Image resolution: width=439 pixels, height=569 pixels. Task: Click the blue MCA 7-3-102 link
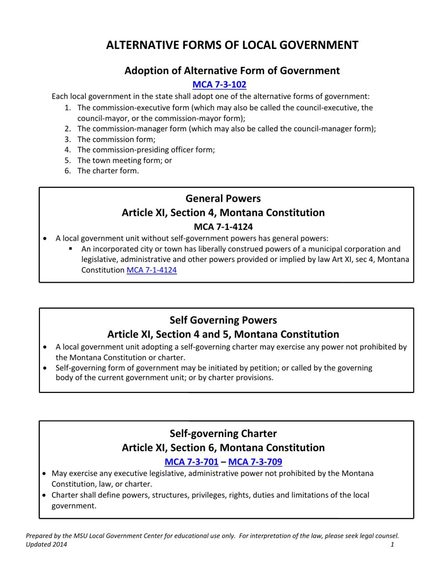pyautogui.click(x=219, y=84)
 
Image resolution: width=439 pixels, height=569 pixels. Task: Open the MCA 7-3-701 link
pyautogui.click(x=191, y=462)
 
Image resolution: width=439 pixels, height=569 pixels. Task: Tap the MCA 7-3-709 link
pyautogui.click(x=255, y=462)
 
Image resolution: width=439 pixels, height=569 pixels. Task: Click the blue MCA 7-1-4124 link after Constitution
pyautogui.click(x=152, y=270)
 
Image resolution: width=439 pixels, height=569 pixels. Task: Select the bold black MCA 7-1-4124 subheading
pyautogui.click(x=223, y=227)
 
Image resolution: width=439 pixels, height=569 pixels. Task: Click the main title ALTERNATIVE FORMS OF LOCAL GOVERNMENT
pyautogui.click(x=232, y=45)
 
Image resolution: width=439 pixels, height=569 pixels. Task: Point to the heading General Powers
pyautogui.click(x=223, y=198)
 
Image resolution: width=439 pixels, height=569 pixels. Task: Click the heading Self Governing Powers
pyautogui.click(x=223, y=320)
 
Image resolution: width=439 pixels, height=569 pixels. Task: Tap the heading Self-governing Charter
pyautogui.click(x=223, y=434)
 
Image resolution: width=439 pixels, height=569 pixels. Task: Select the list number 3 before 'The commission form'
pyautogui.click(x=68, y=139)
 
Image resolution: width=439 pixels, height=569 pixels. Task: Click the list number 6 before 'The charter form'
pyautogui.click(x=68, y=171)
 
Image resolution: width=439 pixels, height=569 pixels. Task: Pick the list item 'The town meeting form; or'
pyautogui.click(x=125, y=160)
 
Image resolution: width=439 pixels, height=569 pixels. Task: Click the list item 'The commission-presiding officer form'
pyautogui.click(x=146, y=150)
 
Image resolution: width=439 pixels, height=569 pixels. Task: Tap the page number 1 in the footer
pyautogui.click(x=392, y=544)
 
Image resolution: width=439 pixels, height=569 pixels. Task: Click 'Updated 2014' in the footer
pyautogui.click(x=47, y=544)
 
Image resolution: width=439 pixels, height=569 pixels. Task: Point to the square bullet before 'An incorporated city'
pyautogui.click(x=70, y=249)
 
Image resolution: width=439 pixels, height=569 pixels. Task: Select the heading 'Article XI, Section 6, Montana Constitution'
pyautogui.click(x=223, y=447)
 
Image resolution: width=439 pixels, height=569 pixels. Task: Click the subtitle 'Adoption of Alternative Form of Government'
pyautogui.click(x=232, y=71)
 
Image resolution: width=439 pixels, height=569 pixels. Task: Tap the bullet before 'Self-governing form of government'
pyautogui.click(x=45, y=368)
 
